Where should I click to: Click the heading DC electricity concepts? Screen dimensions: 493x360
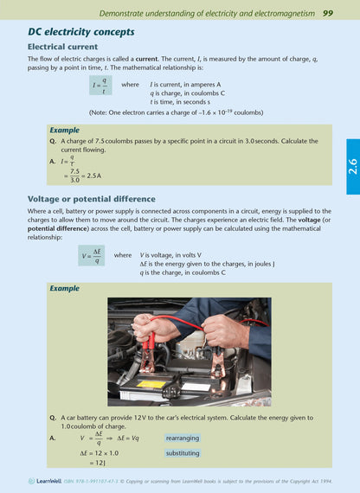[81, 32]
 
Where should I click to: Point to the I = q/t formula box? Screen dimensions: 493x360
[101, 87]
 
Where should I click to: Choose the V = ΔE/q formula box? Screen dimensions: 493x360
[95, 256]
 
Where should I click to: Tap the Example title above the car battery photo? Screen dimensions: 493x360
[64, 288]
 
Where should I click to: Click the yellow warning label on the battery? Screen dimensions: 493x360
[152, 383]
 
